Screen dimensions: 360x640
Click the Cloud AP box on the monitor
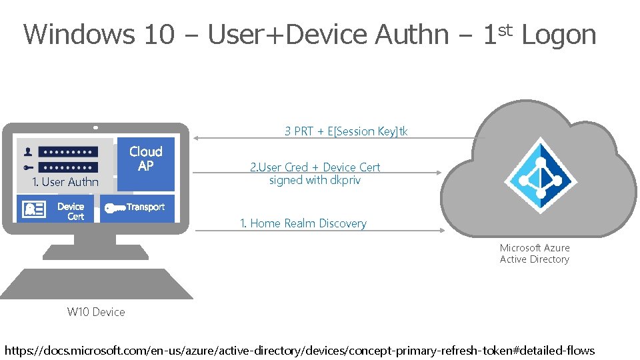click(x=145, y=163)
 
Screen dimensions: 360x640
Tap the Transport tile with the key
click(x=137, y=208)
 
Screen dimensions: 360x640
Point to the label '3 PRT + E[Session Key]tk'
click(x=346, y=131)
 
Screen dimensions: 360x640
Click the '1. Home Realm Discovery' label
click(x=303, y=223)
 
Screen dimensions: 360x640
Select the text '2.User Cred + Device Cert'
click(x=315, y=167)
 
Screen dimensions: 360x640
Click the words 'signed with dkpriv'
click(x=315, y=180)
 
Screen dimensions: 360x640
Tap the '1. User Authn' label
click(x=65, y=182)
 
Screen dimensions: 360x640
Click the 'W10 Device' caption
click(x=96, y=311)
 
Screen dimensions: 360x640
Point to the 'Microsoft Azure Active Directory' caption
click(x=535, y=253)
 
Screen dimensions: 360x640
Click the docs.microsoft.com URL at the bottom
click(x=299, y=350)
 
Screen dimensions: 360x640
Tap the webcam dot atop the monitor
click(x=96, y=127)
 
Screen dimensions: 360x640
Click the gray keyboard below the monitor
click(x=96, y=284)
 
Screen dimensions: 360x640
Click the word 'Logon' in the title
click(x=559, y=35)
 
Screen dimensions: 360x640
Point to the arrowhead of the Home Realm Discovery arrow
click(x=441, y=231)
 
